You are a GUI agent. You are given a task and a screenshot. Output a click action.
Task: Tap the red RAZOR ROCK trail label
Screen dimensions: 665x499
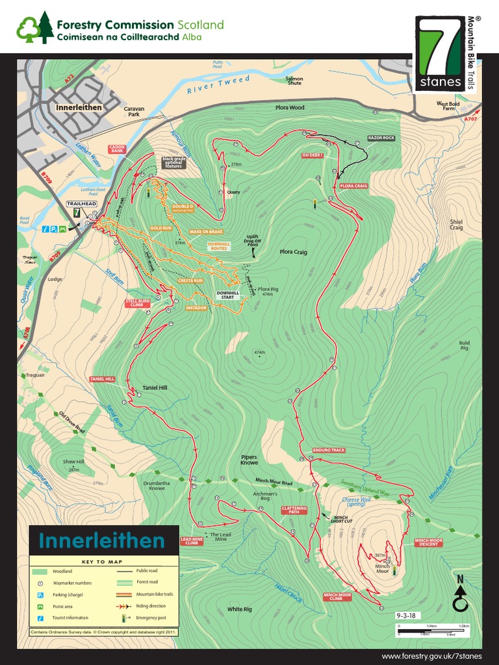coord(381,138)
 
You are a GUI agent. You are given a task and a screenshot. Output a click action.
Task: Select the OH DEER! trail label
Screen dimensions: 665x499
coord(312,155)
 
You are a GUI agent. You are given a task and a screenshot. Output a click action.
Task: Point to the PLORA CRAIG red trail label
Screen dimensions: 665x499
coord(353,186)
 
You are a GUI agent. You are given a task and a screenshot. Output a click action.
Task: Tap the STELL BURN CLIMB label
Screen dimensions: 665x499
coord(138,303)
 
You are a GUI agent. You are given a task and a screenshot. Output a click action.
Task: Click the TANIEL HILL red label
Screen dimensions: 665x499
coord(103,379)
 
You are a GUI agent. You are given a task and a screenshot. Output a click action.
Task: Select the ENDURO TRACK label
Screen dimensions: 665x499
coord(328,449)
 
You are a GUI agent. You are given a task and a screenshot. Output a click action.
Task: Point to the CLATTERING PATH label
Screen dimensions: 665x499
coord(294,510)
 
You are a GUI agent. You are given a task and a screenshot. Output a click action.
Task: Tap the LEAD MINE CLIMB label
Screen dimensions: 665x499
coord(191,540)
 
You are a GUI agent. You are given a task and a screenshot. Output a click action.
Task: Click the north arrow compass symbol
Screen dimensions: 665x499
coord(461,598)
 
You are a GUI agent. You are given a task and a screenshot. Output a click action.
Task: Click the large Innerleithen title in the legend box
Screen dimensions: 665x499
coord(102,541)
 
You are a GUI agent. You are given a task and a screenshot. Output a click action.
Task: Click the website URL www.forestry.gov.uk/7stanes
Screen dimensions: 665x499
coord(431,657)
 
